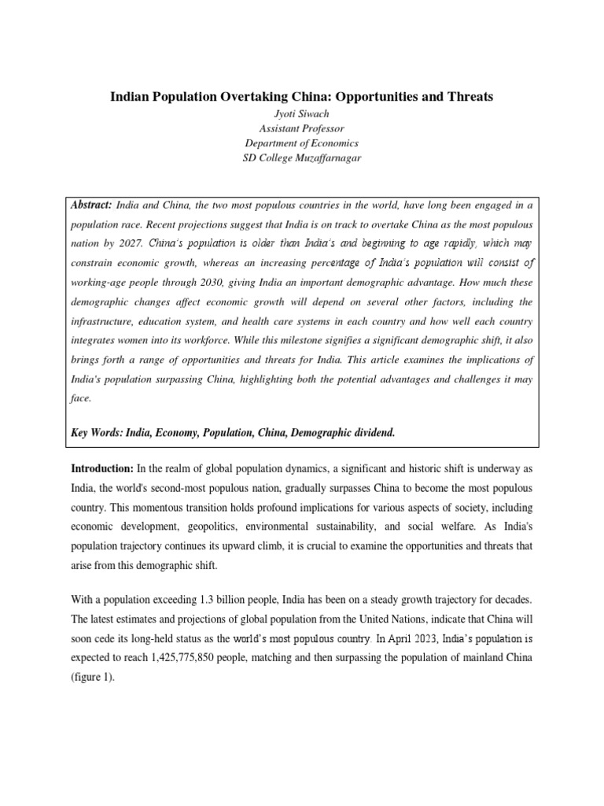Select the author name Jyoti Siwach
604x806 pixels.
tap(301, 113)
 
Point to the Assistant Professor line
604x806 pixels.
tap(301, 128)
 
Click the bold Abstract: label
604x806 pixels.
tap(92, 204)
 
